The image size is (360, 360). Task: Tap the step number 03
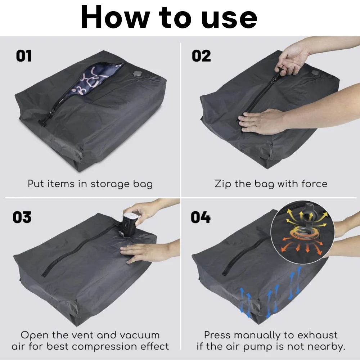tap(22, 217)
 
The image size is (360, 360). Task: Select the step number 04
tap(201, 217)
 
